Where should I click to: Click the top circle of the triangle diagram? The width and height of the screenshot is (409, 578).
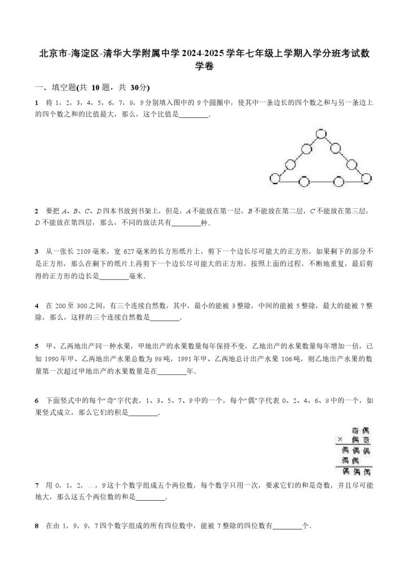[x=321, y=134]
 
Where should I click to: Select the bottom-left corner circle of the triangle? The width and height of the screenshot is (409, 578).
[x=275, y=179]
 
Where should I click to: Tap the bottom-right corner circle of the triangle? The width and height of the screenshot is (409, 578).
[x=367, y=179]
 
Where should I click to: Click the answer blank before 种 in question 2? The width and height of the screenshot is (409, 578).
[x=185, y=224]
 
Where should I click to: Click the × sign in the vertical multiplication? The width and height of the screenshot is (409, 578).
[x=340, y=440]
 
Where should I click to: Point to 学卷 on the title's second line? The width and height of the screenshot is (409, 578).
[x=204, y=67]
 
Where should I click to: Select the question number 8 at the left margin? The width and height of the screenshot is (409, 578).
[x=37, y=526]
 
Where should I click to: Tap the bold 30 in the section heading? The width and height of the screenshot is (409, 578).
[x=134, y=87]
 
